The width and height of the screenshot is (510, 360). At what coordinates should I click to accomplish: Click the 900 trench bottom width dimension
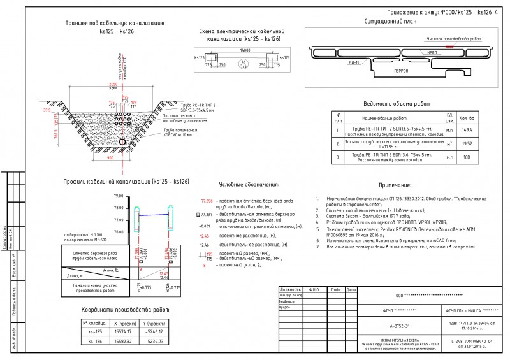tap(110, 157)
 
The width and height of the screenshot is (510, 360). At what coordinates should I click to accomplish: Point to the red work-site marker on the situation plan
tap(450, 47)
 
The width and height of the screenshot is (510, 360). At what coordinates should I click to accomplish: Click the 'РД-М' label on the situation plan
tap(355, 62)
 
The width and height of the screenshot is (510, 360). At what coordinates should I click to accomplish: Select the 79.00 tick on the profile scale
tap(118, 196)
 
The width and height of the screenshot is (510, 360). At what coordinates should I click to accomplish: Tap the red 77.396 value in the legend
tap(205, 201)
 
